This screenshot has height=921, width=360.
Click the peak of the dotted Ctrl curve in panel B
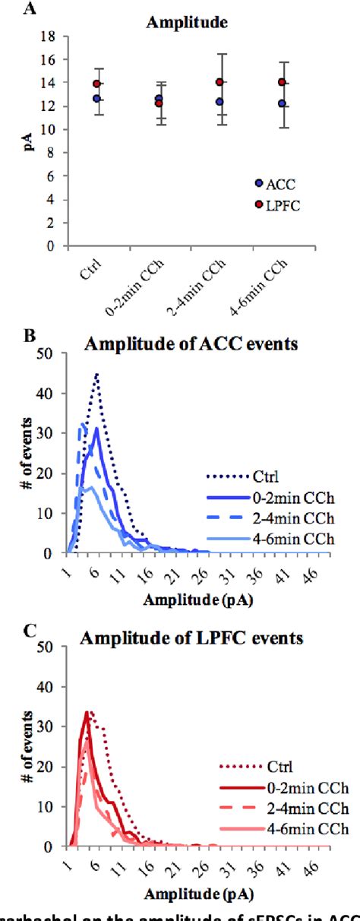[x=97, y=374]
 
